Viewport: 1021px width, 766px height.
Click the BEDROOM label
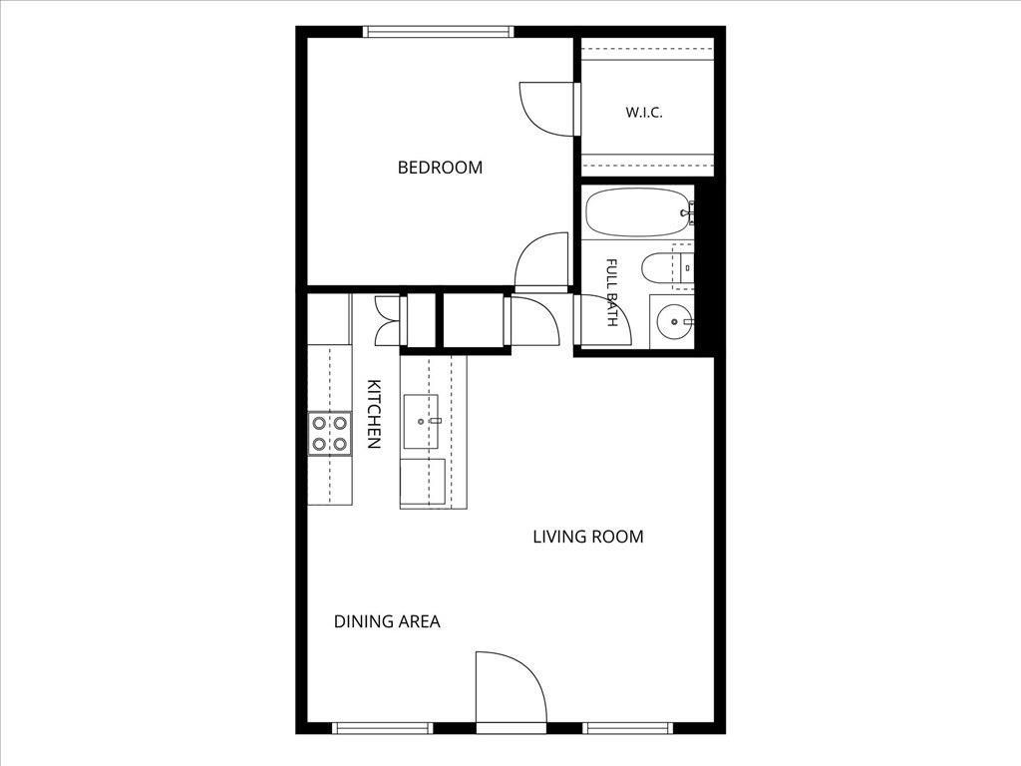[440, 168]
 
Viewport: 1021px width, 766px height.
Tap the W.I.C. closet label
[644, 112]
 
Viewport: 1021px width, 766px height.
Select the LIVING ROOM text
[588, 537]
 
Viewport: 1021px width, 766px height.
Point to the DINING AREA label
[387, 621]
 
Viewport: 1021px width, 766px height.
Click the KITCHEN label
[374, 414]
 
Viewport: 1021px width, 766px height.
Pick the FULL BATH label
[612, 292]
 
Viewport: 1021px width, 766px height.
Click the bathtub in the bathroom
[637, 212]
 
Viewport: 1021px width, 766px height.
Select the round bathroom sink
[675, 321]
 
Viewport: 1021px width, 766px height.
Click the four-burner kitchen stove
[329, 434]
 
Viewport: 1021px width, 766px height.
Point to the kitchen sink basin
[421, 422]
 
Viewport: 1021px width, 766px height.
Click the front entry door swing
[511, 687]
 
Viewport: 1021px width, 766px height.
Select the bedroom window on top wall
[439, 31]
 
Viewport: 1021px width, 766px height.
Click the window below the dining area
[382, 728]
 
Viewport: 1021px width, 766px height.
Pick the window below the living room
[628, 728]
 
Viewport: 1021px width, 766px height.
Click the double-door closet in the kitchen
[388, 320]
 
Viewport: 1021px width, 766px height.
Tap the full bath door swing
[602, 320]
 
